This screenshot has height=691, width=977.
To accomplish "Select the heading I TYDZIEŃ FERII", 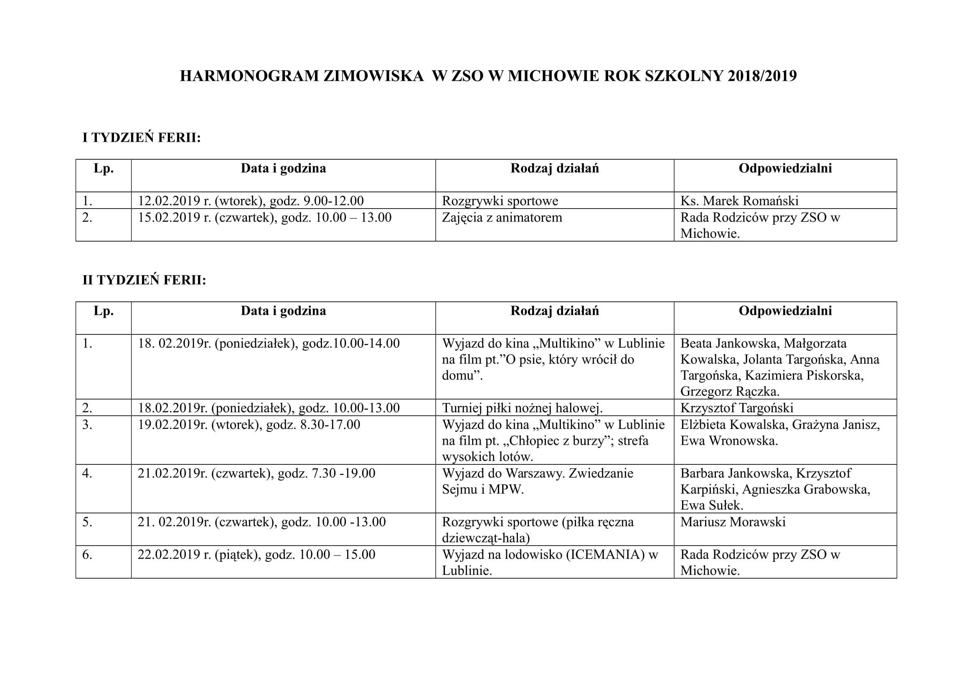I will tap(141, 138).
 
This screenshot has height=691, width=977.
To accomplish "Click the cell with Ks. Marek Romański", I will tap(739, 201).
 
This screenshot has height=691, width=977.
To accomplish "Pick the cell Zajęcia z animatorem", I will tap(502, 217).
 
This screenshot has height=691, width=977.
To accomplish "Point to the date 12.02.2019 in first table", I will tap(168, 201).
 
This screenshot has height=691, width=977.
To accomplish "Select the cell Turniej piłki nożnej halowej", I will tap(522, 408).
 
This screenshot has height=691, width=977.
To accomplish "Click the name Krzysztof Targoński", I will tap(736, 408).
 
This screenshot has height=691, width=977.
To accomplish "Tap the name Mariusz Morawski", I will tap(733, 522).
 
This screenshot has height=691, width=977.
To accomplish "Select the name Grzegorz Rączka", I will tap(729, 391).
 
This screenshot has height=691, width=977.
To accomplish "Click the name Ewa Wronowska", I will tap(728, 441).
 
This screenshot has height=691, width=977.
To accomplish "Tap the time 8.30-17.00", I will tap(330, 424).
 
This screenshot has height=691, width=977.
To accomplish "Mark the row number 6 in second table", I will tap(87, 554).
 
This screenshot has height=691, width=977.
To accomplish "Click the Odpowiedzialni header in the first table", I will tap(785, 168).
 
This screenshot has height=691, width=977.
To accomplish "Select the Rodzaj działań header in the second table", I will tap(554, 311).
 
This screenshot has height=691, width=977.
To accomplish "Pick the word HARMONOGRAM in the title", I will tap(249, 76).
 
